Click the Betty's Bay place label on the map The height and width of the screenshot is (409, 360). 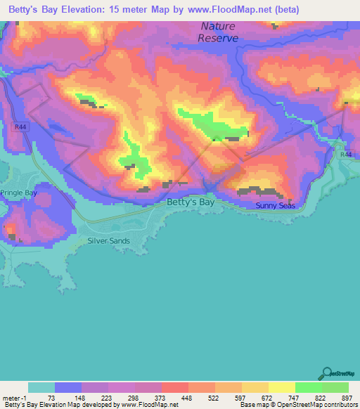point(191,203)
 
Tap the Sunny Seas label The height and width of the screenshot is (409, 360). point(276,206)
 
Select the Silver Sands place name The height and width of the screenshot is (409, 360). point(108,240)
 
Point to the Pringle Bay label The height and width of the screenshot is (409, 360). point(18,192)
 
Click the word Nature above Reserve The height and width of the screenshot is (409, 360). point(218,26)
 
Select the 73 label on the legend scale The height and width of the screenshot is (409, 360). point(52,398)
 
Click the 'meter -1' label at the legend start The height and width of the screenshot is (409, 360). point(15,398)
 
